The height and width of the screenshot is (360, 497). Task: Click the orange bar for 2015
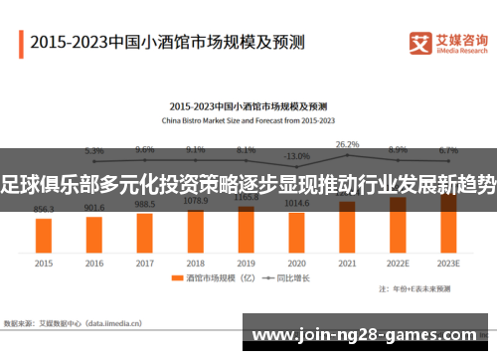tap(44, 235)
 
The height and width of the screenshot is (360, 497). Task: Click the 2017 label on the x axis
tap(145, 264)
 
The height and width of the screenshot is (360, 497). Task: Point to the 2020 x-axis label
tap(296, 264)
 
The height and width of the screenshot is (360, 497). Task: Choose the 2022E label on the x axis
tap(398, 264)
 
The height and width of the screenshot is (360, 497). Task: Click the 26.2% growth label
tap(347, 144)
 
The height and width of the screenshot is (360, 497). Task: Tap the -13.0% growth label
tap(296, 156)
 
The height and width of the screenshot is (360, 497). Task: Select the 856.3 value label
tap(44, 210)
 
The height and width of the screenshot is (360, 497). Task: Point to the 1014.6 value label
tap(296, 203)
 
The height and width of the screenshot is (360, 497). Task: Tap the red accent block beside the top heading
tap(20, 44)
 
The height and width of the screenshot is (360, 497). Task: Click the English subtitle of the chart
tap(248, 120)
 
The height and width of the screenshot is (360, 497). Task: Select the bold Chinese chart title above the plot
tap(248, 105)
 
